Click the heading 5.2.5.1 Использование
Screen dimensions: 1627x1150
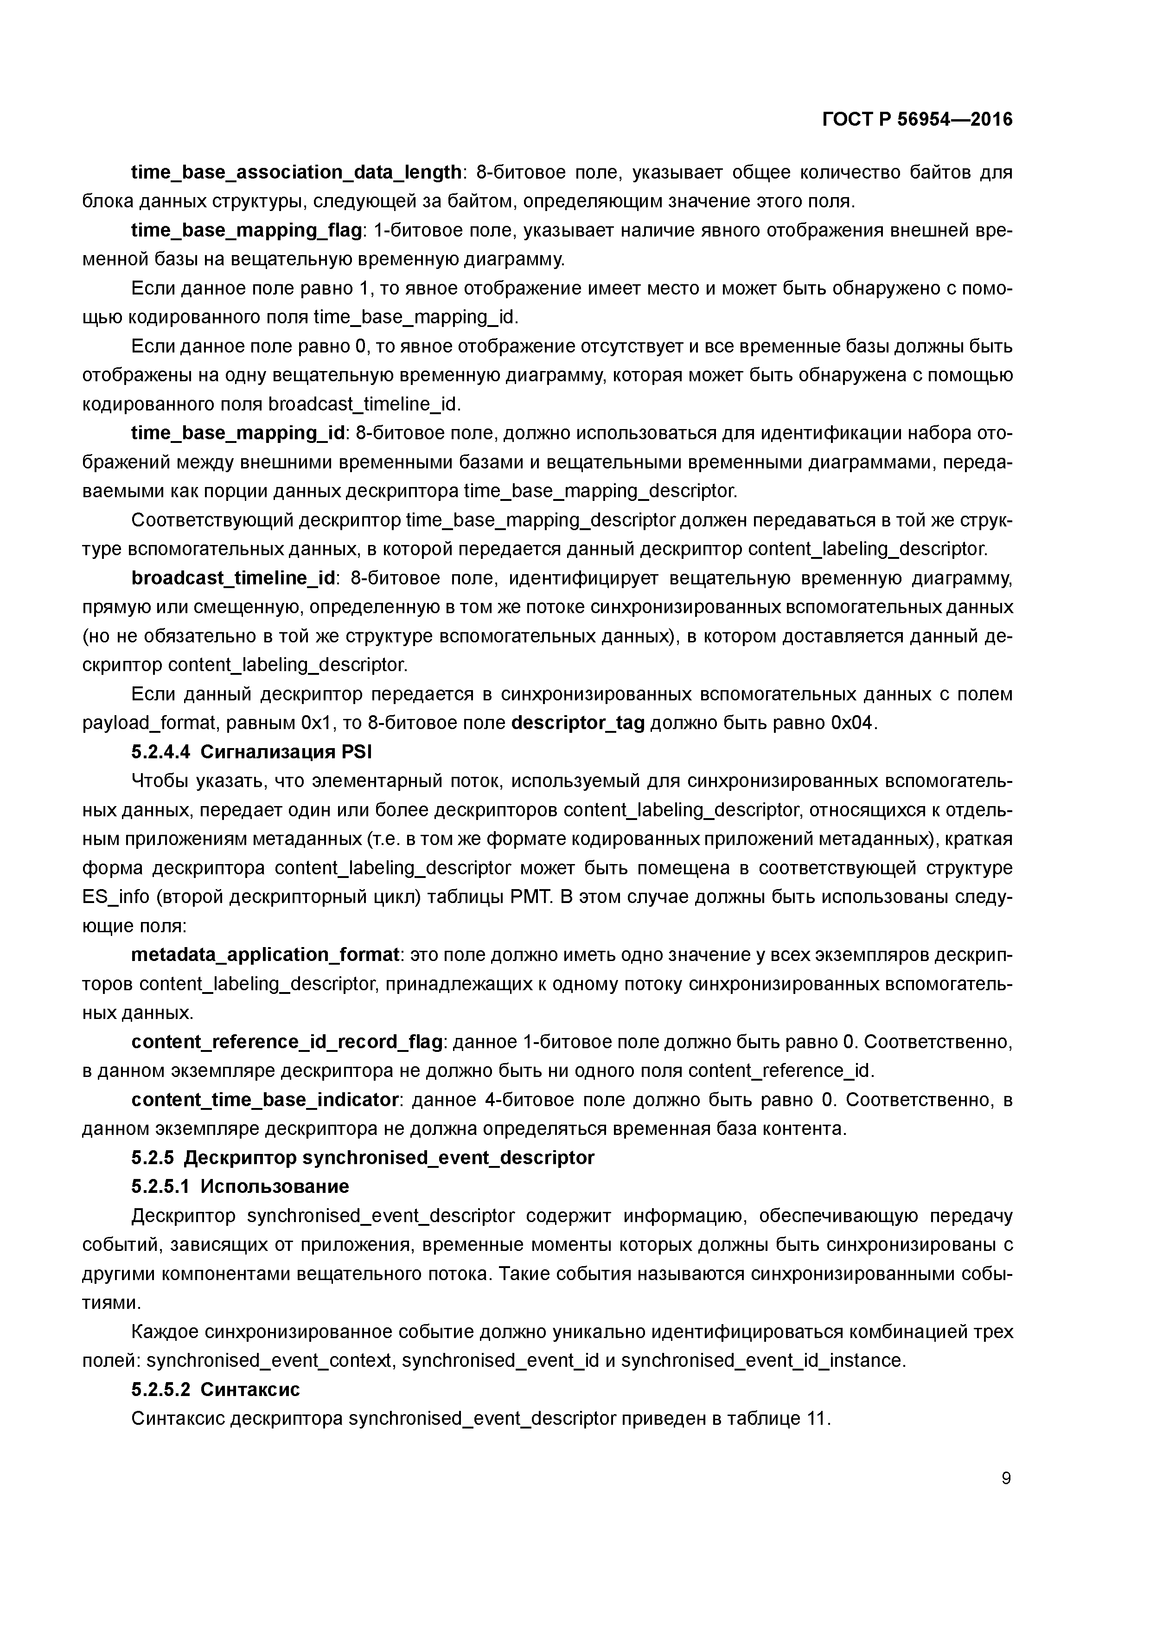pyautogui.click(x=240, y=1186)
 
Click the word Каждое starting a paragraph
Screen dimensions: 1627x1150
pyautogui.click(x=165, y=1332)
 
